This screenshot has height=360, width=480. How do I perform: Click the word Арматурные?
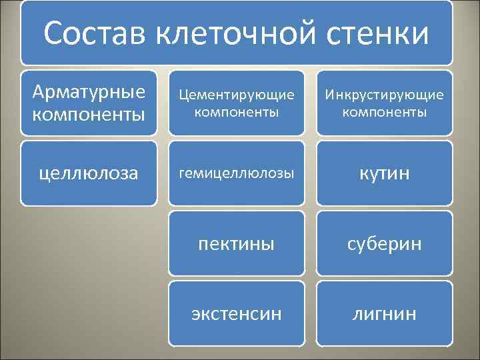(x=88, y=91)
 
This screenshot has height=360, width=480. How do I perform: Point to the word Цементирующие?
(x=237, y=95)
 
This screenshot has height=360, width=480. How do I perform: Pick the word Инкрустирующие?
(x=385, y=95)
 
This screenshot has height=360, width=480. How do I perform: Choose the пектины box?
(x=237, y=243)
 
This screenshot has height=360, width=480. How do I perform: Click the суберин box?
(x=385, y=243)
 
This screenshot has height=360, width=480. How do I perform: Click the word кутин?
(x=385, y=173)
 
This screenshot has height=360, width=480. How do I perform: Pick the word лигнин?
(x=385, y=313)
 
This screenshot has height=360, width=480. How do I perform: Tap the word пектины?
(x=237, y=243)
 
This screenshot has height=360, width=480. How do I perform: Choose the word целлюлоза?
(x=88, y=173)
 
